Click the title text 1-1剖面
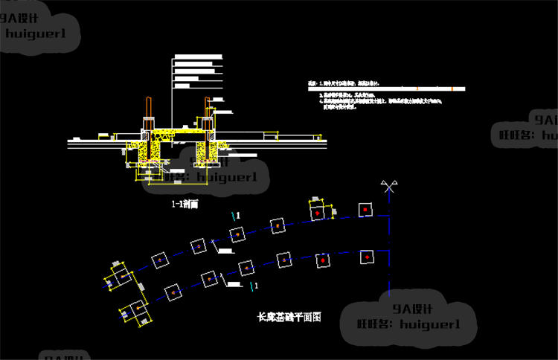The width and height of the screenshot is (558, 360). (x=184, y=202)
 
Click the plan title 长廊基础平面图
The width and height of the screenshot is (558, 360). (x=289, y=317)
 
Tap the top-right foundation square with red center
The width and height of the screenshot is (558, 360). (x=365, y=210)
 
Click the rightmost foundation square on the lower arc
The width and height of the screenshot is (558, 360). (x=367, y=257)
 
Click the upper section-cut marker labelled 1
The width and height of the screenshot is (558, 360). (x=237, y=215)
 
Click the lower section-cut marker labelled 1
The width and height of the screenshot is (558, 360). (x=255, y=285)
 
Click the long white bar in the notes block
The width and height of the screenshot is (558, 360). (x=387, y=89)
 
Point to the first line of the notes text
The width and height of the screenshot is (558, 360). (x=342, y=83)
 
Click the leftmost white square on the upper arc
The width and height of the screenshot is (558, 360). (x=159, y=260)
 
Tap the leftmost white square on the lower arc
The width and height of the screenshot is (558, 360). (x=171, y=292)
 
